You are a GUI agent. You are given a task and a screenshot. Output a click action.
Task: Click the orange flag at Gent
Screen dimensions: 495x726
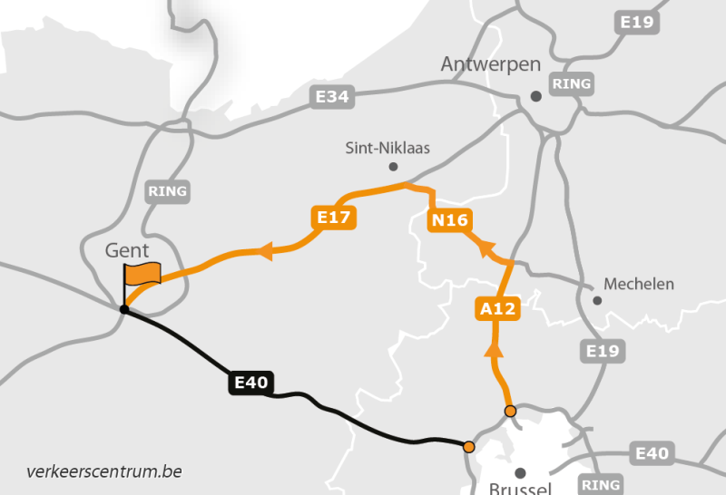(x=142, y=273)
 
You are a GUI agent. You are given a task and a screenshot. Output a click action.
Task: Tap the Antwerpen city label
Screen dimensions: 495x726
(x=490, y=64)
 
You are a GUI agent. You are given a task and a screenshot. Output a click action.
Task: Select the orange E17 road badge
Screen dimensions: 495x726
(x=333, y=217)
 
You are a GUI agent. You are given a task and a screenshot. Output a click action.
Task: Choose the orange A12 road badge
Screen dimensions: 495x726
(x=497, y=309)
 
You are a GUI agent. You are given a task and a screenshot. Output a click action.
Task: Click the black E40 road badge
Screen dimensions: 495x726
(x=250, y=383)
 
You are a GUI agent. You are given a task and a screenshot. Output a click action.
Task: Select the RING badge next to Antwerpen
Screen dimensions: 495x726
(x=571, y=84)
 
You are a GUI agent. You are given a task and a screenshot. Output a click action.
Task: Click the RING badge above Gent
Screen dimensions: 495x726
(x=167, y=191)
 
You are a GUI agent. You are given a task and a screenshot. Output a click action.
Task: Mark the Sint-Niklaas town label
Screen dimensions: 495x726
(x=388, y=147)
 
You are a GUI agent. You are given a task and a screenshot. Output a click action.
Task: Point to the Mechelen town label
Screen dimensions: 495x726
(x=639, y=284)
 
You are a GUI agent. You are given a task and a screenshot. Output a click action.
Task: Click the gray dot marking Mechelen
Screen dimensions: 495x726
(x=597, y=300)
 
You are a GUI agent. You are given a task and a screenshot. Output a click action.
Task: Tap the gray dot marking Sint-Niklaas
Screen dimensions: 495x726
(x=393, y=167)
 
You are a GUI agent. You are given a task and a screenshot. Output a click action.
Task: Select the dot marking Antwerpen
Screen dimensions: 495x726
(x=536, y=95)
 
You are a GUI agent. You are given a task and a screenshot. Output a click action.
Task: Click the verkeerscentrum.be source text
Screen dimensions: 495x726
(x=104, y=471)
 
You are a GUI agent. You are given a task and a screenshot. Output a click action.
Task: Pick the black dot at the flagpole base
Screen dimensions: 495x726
(x=124, y=310)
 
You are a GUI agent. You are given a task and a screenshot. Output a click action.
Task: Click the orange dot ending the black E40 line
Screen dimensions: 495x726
(x=468, y=446)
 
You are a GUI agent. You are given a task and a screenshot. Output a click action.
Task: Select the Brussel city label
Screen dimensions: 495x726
(x=519, y=487)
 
